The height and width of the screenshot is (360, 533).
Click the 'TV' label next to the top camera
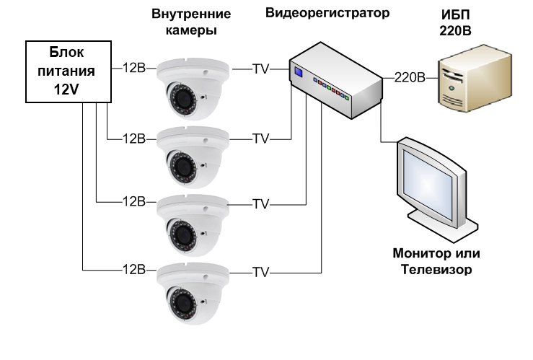point(260,69)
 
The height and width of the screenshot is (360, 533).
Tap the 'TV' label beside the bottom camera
point(260,273)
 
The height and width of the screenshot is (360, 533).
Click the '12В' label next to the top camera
point(134,69)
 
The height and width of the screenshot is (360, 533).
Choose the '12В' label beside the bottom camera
point(134,271)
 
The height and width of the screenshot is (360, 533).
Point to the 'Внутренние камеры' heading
point(192,22)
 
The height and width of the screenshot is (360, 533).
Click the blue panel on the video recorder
point(297,71)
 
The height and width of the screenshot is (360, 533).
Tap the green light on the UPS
point(451,87)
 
